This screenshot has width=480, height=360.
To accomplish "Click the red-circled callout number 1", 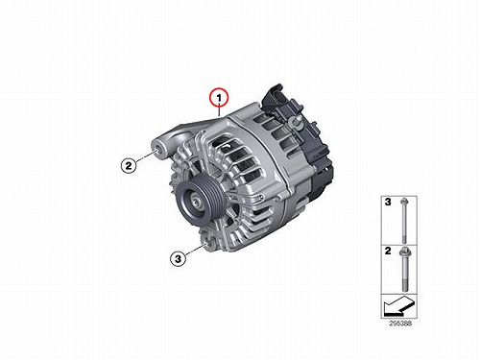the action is (219, 97).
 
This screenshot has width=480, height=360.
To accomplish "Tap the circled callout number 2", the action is (129, 165).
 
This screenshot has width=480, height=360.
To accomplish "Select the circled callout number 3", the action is (178, 258).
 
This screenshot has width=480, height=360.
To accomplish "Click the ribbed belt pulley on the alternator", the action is (198, 201).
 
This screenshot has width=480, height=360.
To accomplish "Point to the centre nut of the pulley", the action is (195, 202).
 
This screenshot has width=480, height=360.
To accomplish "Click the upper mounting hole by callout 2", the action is (157, 150).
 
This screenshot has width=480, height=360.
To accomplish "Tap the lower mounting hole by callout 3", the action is (210, 244).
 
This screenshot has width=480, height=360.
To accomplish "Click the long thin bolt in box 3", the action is (404, 220).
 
